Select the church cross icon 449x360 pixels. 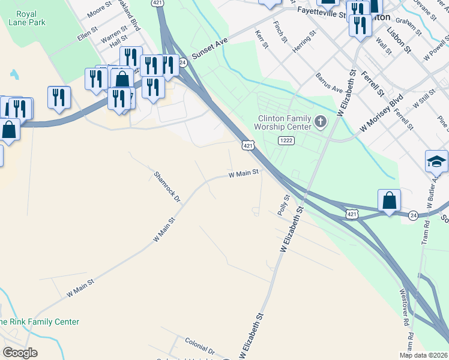click(x=321, y=123)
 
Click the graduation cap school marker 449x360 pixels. click(x=437, y=161)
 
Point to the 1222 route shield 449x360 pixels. click(x=286, y=140)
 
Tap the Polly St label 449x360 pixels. click(x=283, y=205)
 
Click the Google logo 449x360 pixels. click(x=20, y=353)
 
